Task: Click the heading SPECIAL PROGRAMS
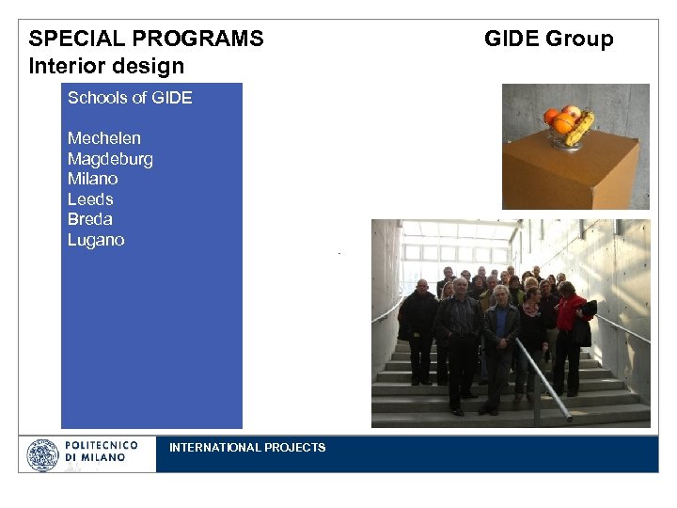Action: (x=146, y=39)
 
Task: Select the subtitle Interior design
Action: (x=106, y=66)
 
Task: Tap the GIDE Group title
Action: (x=548, y=39)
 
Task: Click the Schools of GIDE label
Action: (x=130, y=98)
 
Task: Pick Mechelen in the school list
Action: (x=104, y=138)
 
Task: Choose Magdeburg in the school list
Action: (x=110, y=159)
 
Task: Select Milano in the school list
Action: (x=93, y=179)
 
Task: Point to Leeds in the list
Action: (x=90, y=199)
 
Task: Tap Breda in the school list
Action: (x=90, y=219)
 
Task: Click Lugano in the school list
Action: (x=96, y=240)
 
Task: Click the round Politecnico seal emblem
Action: (x=42, y=455)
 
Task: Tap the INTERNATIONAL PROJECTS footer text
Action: (x=247, y=448)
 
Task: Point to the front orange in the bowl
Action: (x=563, y=123)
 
